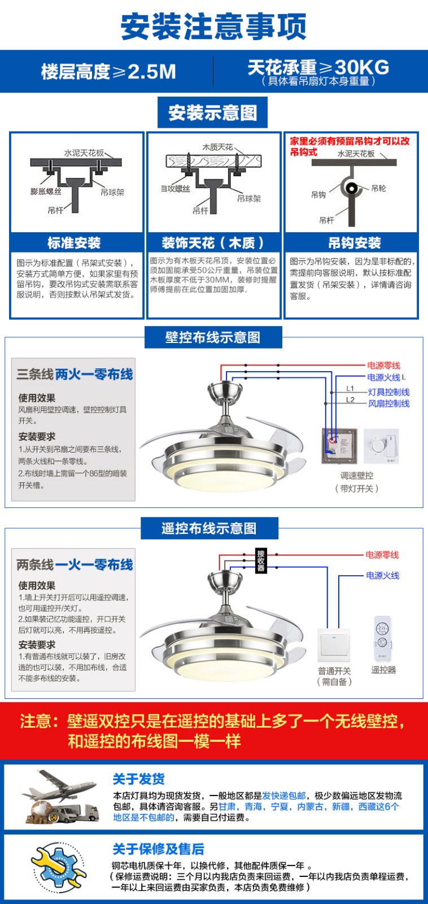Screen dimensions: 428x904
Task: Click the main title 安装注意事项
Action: click(x=214, y=26)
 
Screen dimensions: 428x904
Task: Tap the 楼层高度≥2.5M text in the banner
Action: click(x=108, y=72)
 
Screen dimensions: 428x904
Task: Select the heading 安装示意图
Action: click(x=212, y=112)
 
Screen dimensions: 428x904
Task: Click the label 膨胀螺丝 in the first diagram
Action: click(x=46, y=191)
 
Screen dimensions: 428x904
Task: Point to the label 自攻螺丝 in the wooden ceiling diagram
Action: click(x=176, y=189)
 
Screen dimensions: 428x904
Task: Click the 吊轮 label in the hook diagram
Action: click(x=378, y=188)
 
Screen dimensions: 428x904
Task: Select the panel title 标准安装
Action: click(x=74, y=243)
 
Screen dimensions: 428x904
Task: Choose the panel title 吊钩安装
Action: click(x=355, y=243)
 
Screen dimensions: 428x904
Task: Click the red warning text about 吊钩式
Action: click(x=350, y=146)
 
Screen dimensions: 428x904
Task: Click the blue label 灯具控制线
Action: click(x=389, y=392)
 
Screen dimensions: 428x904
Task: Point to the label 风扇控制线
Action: click(x=389, y=403)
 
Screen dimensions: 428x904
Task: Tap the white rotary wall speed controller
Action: click(x=381, y=446)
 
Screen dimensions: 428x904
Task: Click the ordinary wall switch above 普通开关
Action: click(x=334, y=645)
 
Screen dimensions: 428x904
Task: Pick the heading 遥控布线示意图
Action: click(x=209, y=528)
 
